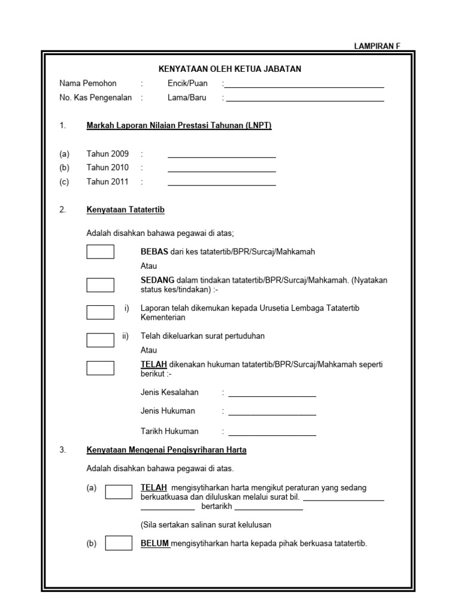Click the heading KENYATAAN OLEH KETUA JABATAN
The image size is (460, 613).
[x=230, y=69]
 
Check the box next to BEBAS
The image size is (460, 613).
[x=100, y=252]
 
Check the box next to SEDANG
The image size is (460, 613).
[x=100, y=284]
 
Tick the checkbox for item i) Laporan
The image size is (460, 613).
[x=100, y=312]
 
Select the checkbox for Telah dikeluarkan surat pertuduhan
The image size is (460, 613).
[x=100, y=340]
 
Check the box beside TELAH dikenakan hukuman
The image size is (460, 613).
[x=100, y=368]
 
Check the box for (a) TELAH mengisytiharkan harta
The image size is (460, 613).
[x=119, y=491]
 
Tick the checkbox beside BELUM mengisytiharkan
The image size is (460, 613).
[x=119, y=543]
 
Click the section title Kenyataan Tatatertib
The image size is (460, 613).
[x=125, y=210]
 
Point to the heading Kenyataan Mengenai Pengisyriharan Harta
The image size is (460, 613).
[x=167, y=450]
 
